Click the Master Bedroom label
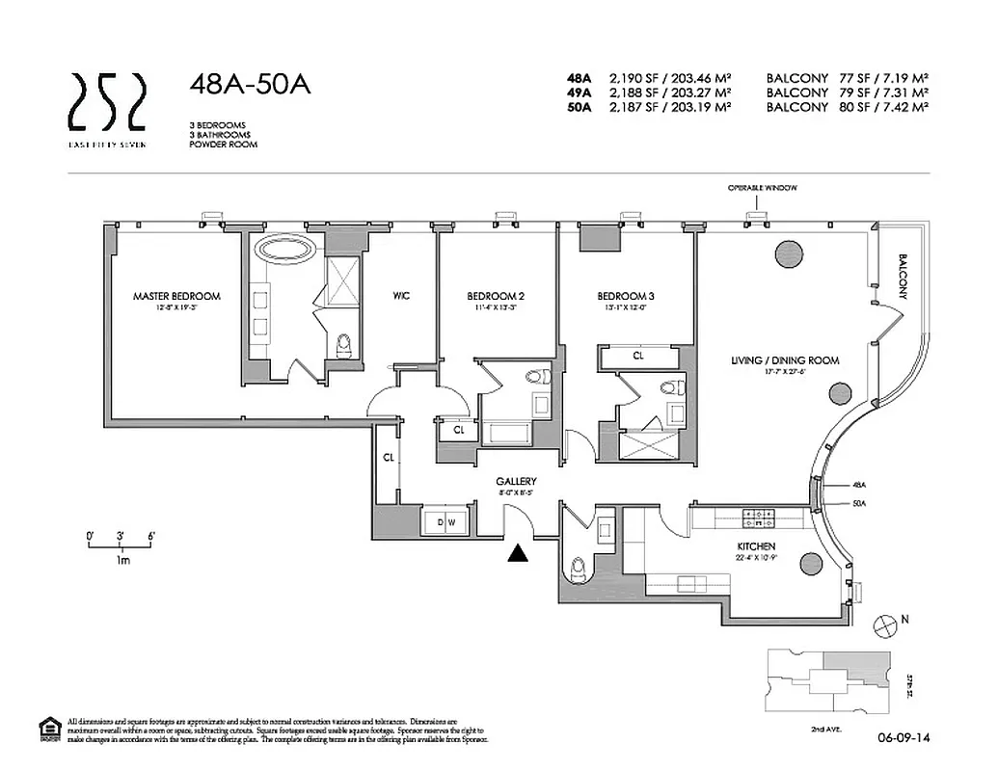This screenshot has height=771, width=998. [x=176, y=296]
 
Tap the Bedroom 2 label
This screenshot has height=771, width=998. [x=496, y=296]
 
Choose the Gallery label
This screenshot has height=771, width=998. [x=516, y=481]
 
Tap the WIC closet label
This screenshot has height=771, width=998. [x=401, y=296]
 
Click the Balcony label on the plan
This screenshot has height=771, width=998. [x=904, y=276]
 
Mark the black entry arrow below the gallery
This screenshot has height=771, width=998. [x=519, y=552]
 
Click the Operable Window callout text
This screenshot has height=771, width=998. [x=763, y=188]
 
